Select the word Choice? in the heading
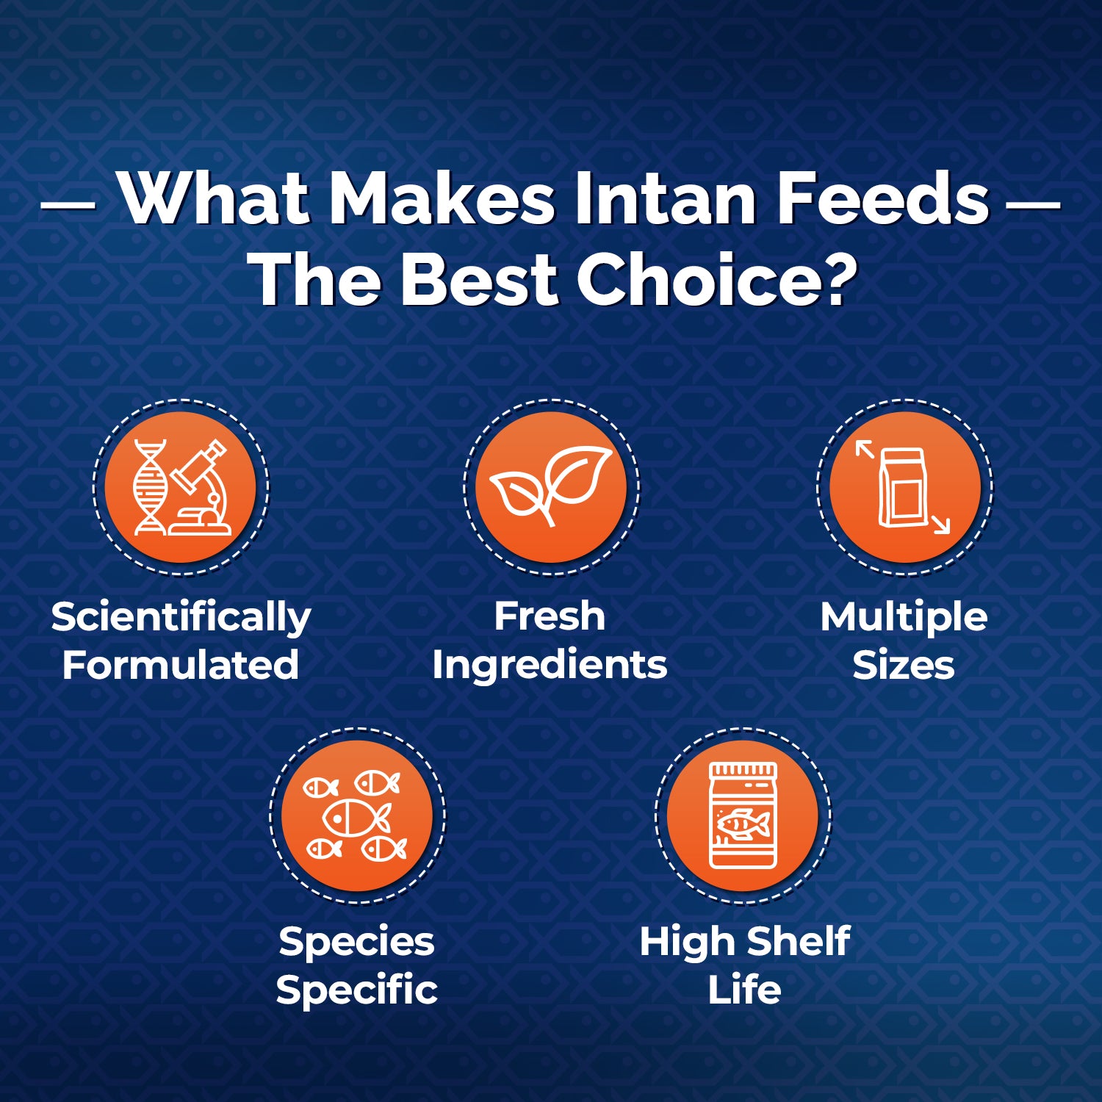pyautogui.click(x=718, y=279)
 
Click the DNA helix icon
pyautogui.click(x=150, y=487)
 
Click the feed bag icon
pyautogui.click(x=903, y=487)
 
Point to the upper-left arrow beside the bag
pyautogui.click(x=865, y=448)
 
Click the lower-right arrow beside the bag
pyautogui.click(x=940, y=524)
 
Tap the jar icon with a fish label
pyautogui.click(x=743, y=815)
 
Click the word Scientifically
pyautogui.click(x=181, y=617)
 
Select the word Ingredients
pyautogui.click(x=550, y=666)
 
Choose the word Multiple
pyautogui.click(x=904, y=616)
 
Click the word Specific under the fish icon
pyautogui.click(x=357, y=990)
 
